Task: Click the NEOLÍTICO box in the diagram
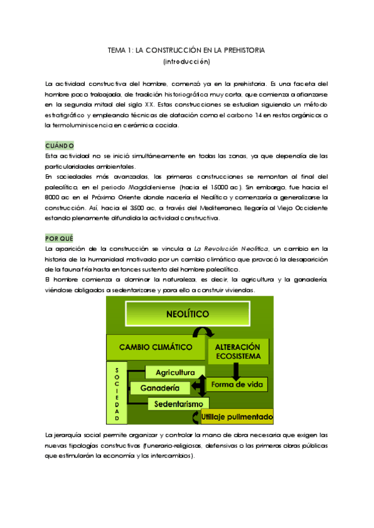click(187, 314)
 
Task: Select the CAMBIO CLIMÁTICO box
click(155, 346)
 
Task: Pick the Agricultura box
click(176, 372)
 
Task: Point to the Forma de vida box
click(237, 384)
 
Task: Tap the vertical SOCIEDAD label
click(117, 392)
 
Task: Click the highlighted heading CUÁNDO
click(60, 146)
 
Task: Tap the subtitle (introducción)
click(186, 62)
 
